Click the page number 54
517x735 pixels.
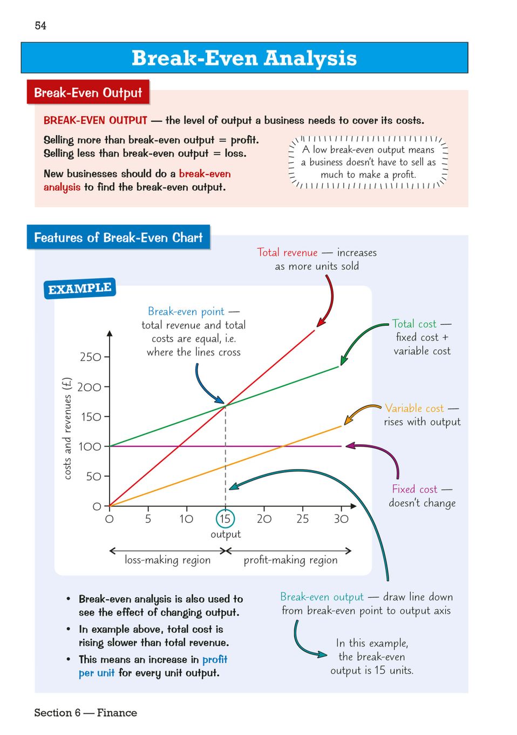point(40,25)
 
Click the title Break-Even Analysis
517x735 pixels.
point(244,58)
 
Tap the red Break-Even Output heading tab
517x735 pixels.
point(88,92)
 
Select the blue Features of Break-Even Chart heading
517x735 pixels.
point(118,238)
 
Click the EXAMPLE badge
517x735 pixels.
point(79,289)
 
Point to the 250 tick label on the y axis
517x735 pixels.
point(90,357)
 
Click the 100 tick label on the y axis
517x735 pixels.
point(90,447)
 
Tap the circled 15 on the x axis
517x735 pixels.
point(225,519)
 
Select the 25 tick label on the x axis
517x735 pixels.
point(302,519)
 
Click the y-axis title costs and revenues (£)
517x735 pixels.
point(67,429)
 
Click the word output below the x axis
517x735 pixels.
point(226,534)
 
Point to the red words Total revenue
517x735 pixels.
point(287,252)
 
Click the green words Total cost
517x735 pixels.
point(414,324)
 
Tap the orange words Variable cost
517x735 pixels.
point(414,409)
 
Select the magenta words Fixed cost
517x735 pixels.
point(414,489)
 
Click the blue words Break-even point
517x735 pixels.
point(186,311)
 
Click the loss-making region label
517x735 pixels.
point(167,560)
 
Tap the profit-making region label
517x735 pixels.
point(290,560)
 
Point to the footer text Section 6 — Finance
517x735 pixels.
point(85,713)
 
